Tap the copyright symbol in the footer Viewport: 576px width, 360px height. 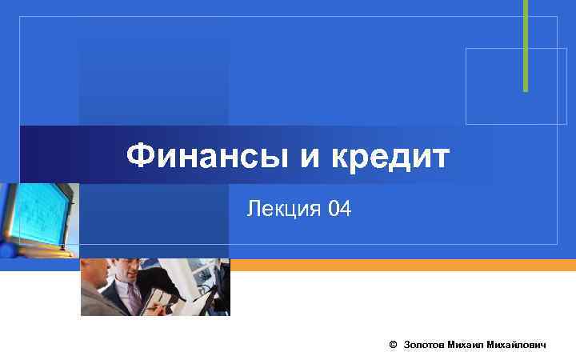coord(392,344)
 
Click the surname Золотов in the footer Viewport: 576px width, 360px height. coord(424,344)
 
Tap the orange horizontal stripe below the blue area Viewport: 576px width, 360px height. coord(400,265)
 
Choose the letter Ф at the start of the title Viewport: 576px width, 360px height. coord(141,156)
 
